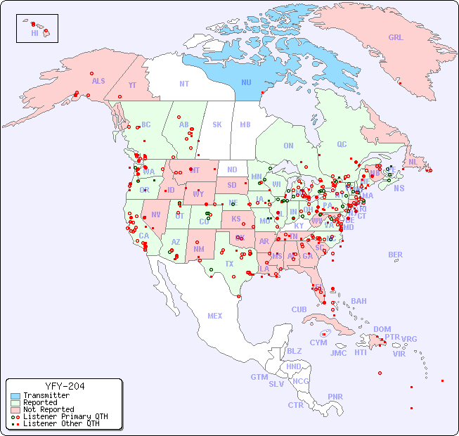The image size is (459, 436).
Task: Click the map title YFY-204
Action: [65, 386]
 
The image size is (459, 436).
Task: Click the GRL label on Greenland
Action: [396, 37]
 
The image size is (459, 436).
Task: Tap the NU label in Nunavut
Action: [246, 82]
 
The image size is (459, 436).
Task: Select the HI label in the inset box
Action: [34, 33]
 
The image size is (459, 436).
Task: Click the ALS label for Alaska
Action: [98, 81]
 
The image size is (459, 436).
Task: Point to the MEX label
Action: [215, 316]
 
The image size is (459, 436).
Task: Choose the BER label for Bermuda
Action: [395, 255]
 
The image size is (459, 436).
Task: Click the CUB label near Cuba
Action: [299, 309]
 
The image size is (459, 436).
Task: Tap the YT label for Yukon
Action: [132, 85]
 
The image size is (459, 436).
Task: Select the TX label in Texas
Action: [228, 264]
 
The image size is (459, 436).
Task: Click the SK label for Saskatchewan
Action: [217, 124]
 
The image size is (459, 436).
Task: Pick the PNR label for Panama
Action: [335, 396]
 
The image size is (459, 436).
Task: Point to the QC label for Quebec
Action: [342, 144]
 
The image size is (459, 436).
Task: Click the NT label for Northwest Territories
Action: [183, 83]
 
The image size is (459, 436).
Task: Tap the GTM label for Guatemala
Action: [259, 377]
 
